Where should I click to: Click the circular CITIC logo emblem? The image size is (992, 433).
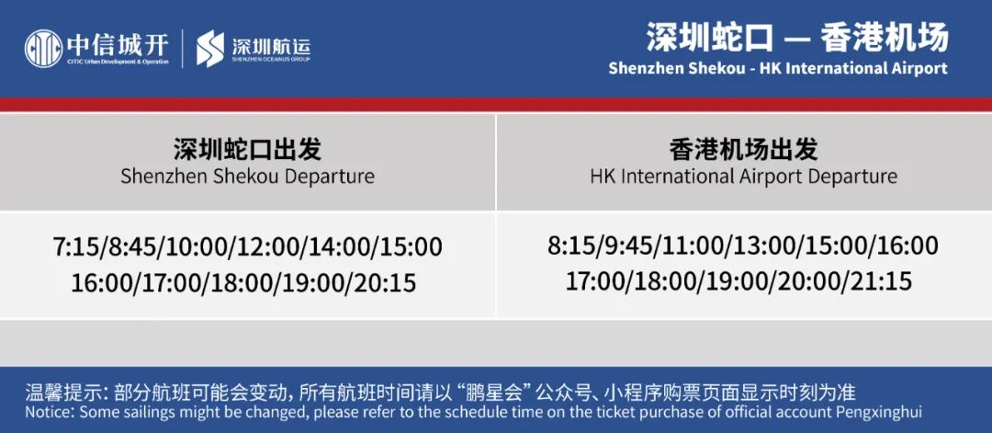coord(44,49)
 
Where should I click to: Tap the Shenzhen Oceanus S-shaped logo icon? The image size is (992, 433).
coord(210,49)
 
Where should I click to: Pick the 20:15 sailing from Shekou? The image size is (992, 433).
coord(386,282)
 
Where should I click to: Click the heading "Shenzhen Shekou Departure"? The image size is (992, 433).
coord(247,176)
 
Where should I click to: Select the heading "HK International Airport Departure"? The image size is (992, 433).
coord(743,176)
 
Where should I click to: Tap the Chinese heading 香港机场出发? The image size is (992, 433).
coord(743,150)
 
